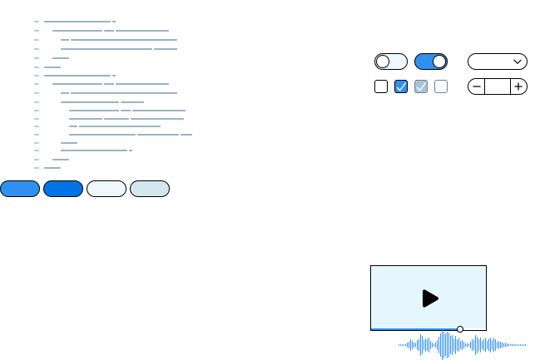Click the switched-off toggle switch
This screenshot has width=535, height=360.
(x=390, y=62)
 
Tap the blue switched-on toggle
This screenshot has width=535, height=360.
(x=430, y=62)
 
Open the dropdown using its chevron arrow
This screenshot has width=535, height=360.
(x=518, y=62)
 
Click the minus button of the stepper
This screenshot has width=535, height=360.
(x=477, y=86)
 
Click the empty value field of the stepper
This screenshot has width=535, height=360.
(x=497, y=86)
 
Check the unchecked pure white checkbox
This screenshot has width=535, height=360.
(x=381, y=86)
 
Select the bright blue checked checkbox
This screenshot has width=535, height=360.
(x=401, y=86)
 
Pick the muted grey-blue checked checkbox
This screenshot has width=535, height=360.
(x=421, y=86)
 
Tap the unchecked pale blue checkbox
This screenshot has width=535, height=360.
(x=441, y=86)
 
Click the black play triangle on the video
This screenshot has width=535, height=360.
(x=429, y=298)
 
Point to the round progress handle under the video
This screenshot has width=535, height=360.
(x=460, y=329)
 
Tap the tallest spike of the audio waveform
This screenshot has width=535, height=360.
(x=446, y=344)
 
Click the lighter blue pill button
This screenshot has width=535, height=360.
(x=20, y=189)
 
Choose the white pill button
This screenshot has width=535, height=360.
(x=107, y=189)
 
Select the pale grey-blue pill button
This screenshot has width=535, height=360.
(x=150, y=189)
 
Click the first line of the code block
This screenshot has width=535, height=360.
(x=78, y=22)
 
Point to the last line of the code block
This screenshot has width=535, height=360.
(x=52, y=168)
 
